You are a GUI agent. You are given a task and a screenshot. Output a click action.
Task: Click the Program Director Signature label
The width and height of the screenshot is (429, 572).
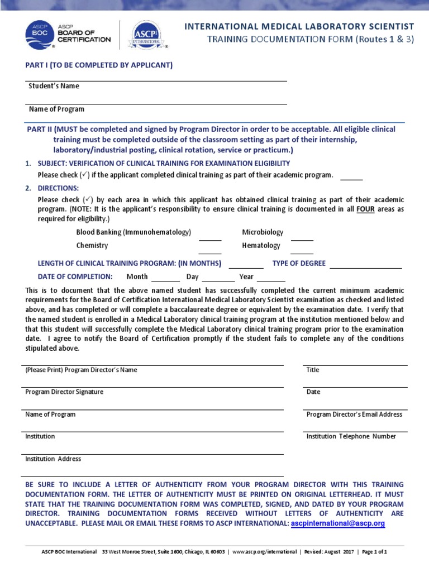[64, 392]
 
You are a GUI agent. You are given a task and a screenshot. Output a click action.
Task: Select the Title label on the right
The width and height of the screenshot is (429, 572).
[313, 370]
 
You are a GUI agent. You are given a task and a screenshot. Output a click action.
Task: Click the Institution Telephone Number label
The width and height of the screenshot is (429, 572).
[351, 437]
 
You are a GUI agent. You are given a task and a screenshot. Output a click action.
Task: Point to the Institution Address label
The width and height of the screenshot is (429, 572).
[53, 459]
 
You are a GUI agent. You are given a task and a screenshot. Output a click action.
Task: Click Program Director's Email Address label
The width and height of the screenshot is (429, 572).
[354, 414]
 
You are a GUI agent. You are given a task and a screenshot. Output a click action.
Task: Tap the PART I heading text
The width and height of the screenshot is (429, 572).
[99, 65]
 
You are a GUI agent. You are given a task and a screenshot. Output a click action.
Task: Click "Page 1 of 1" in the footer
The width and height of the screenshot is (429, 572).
[374, 551]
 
